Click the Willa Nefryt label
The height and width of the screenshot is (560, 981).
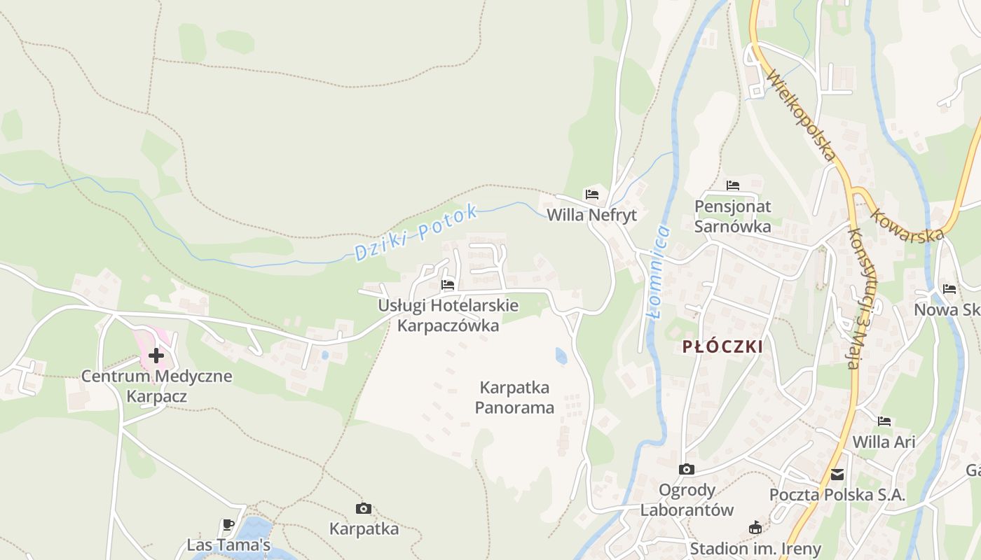coord(591,215)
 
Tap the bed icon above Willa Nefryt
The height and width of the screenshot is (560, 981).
coord(592,194)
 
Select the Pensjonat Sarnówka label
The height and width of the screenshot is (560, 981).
coord(733,216)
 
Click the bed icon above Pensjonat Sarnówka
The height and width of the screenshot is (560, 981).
coord(733,185)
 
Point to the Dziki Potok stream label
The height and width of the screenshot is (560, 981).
coord(416,232)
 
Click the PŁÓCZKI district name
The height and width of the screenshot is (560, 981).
coord(722,346)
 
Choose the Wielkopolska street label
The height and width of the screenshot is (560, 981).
coord(802,115)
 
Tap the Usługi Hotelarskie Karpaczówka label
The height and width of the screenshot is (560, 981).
coord(448,315)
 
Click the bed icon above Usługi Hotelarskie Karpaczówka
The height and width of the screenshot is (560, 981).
coord(448,285)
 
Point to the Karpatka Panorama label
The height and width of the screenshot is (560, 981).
coord(515,398)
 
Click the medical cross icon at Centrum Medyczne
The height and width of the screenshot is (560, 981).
coord(156,356)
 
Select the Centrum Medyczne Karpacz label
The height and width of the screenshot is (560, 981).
coord(156,386)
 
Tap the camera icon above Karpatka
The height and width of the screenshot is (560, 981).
coord(363,509)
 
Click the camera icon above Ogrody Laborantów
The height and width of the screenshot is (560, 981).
coord(687,470)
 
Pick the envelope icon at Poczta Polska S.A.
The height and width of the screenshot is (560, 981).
coord(837,475)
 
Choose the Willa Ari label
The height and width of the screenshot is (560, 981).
coord(884,442)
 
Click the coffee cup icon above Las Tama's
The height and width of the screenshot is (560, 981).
coord(228,524)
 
